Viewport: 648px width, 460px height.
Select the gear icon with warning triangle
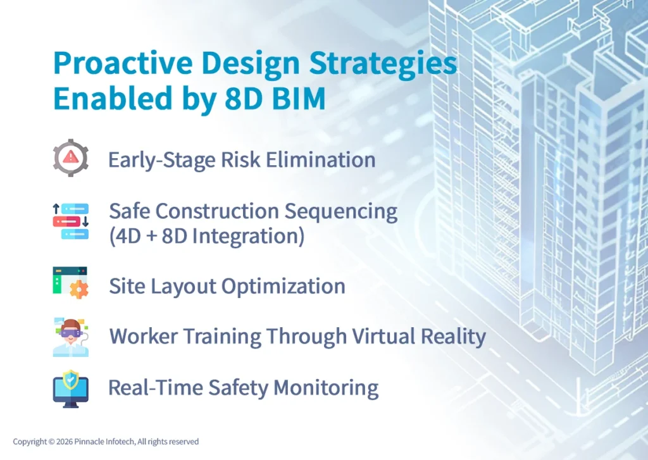click(70, 158)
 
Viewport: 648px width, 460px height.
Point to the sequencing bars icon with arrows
click(70, 221)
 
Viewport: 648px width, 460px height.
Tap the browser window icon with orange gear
click(70, 282)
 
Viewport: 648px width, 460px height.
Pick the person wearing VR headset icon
click(70, 337)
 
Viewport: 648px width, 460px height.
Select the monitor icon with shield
click(70, 388)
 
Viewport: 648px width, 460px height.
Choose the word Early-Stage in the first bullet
click(161, 159)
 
